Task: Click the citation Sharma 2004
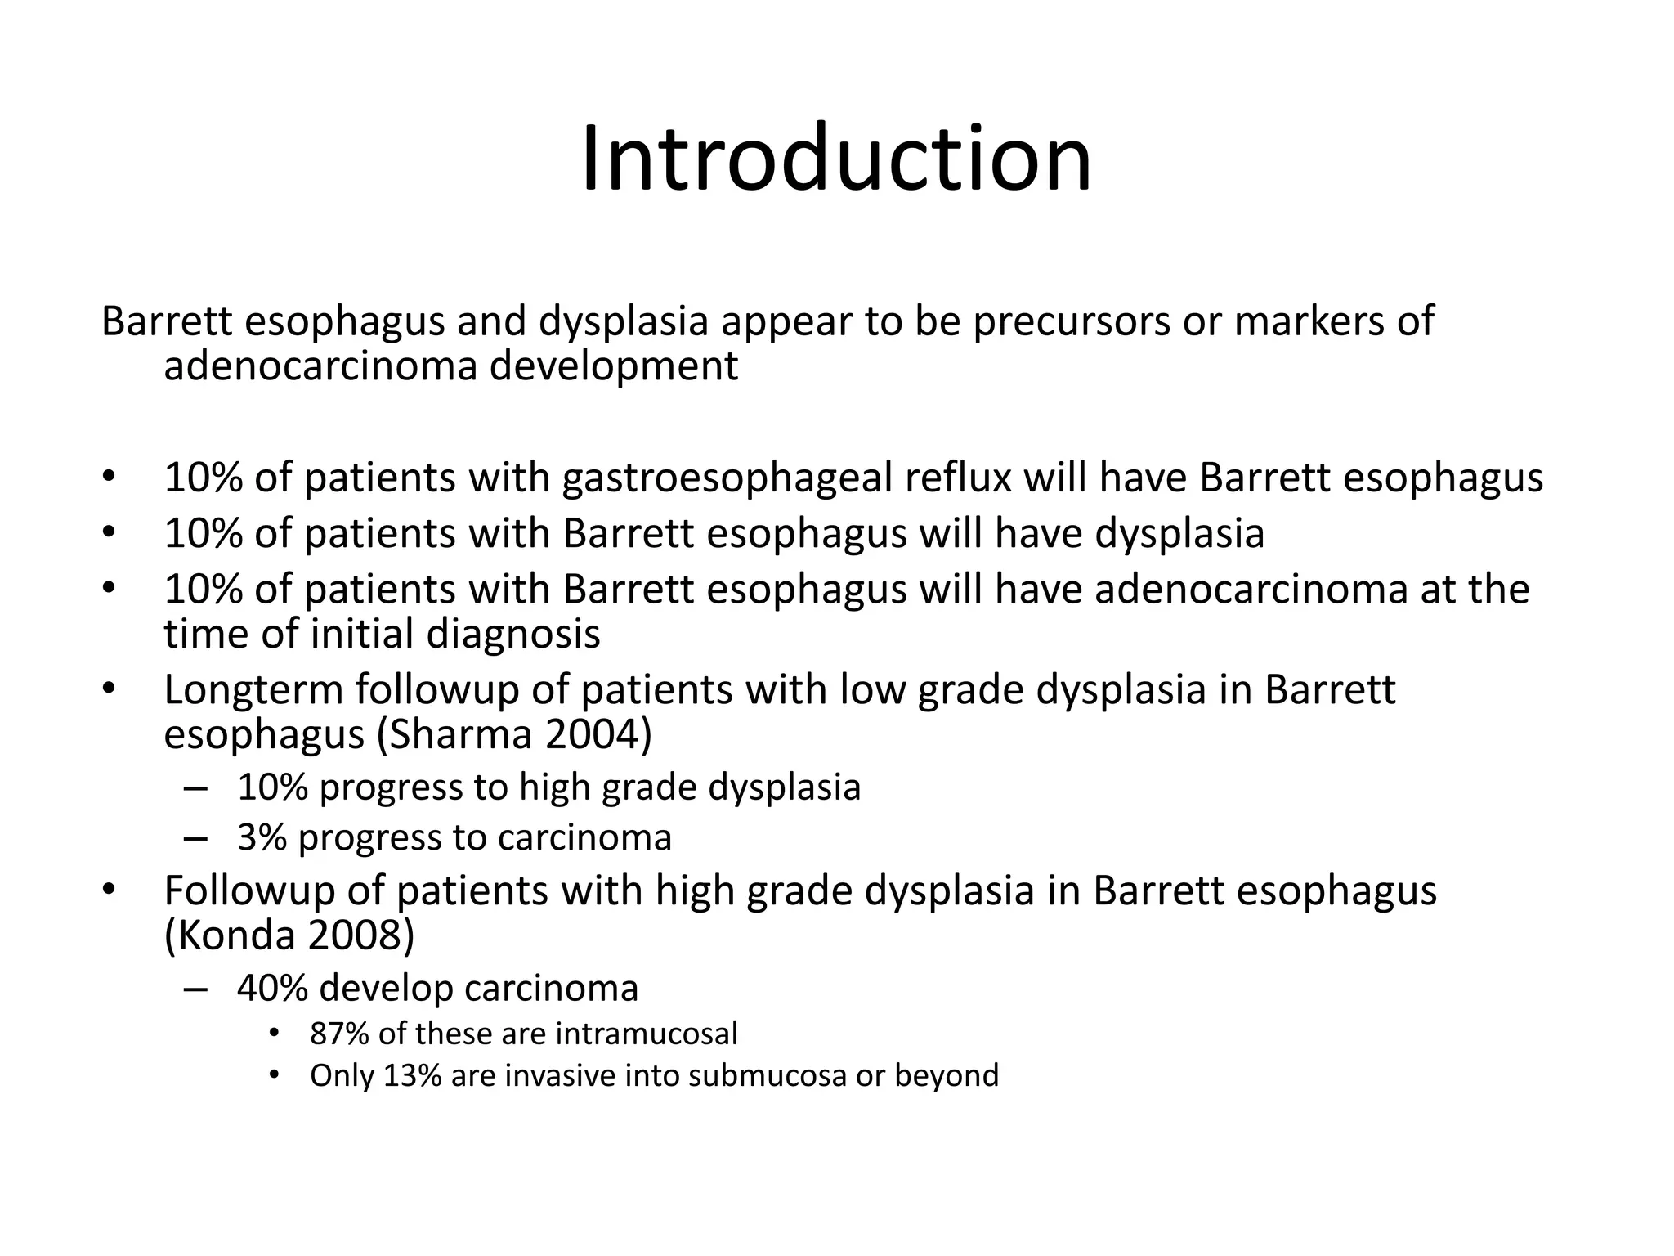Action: click(513, 734)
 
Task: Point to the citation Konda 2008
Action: click(289, 935)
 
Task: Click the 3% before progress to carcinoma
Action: click(262, 837)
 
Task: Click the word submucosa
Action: click(767, 1075)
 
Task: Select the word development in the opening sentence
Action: click(613, 366)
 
